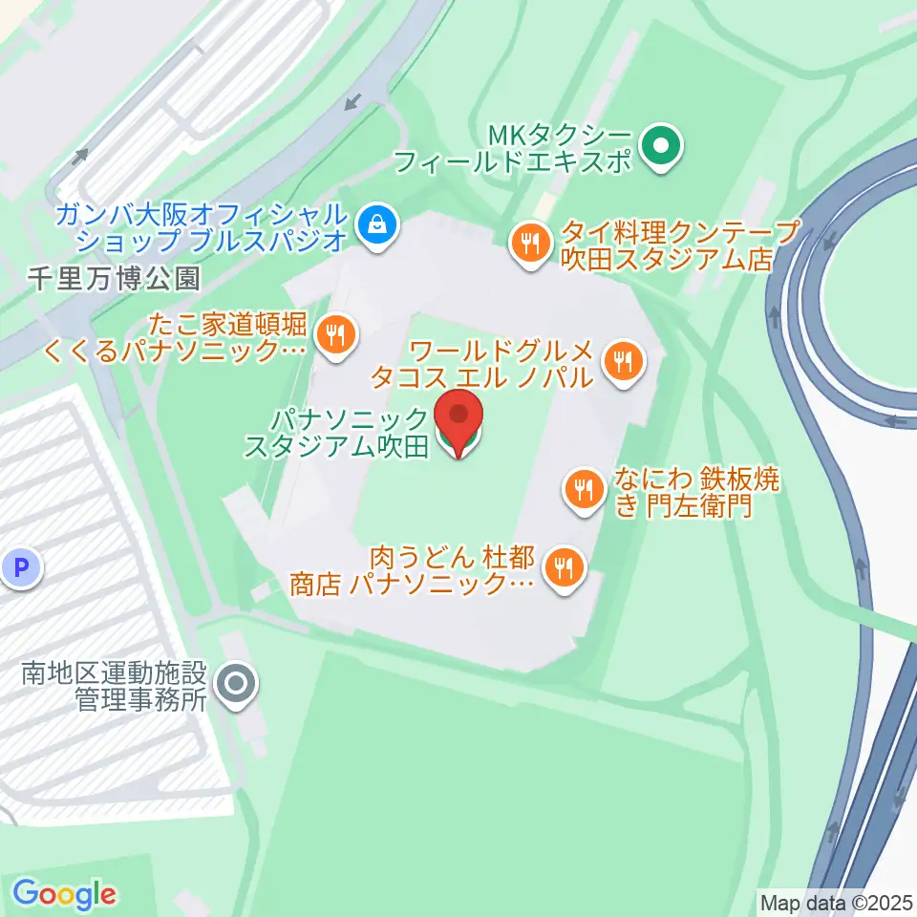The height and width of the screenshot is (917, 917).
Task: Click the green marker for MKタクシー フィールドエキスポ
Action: click(660, 147)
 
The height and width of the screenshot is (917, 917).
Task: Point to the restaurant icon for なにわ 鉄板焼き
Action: click(583, 490)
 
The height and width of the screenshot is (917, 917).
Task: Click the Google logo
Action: click(65, 894)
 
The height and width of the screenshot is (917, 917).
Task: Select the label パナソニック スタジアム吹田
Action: click(336, 432)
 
